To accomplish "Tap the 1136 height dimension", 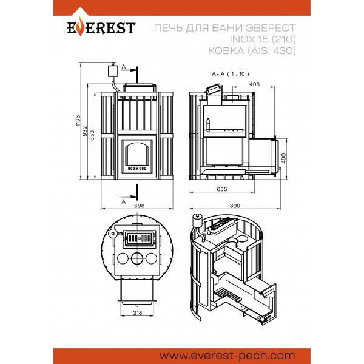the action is (x=78, y=121).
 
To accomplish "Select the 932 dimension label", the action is (x=85, y=131).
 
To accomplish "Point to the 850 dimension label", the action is (x=92, y=135).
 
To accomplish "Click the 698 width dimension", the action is (x=140, y=206).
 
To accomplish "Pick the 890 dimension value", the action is (x=235, y=206).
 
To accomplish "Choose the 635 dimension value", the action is (x=222, y=189).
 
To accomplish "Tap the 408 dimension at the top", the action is (x=254, y=84).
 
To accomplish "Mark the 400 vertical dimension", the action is (x=284, y=158).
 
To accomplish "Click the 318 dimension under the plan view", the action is (x=138, y=312).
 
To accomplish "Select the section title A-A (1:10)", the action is (x=231, y=74).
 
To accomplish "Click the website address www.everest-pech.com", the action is (x=227, y=356).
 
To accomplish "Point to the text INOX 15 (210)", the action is (x=263, y=39).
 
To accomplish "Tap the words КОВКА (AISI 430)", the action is (x=252, y=50).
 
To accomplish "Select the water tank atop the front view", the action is (x=113, y=70).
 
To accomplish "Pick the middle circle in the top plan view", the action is (x=138, y=258).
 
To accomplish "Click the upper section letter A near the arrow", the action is (x=124, y=67).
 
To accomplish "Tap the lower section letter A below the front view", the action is (x=124, y=201).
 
